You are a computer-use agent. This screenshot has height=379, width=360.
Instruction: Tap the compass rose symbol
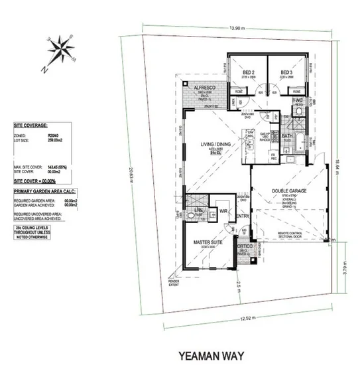click(x=60, y=51)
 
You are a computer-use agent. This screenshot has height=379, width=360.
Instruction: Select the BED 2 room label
click(x=249, y=72)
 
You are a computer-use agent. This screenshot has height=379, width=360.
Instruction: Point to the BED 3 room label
click(x=286, y=72)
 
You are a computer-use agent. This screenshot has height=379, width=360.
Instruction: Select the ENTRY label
click(x=242, y=216)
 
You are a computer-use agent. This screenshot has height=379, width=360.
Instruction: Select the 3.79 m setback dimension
click(x=344, y=269)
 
